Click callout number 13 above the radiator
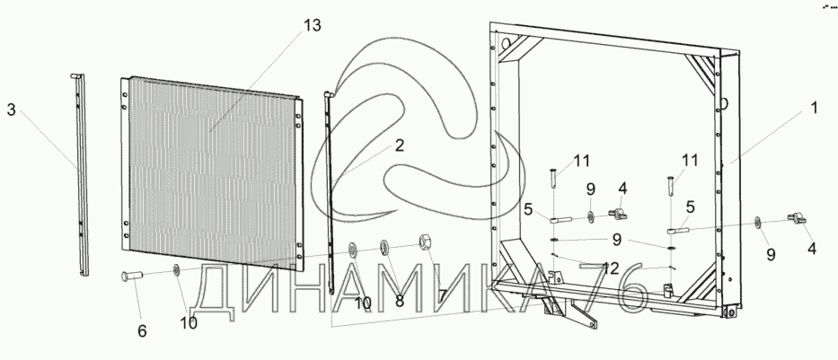coord(312,25)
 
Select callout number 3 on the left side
coord(11,110)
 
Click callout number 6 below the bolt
coord(142,331)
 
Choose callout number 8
coord(399,302)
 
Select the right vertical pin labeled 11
coord(669,187)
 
